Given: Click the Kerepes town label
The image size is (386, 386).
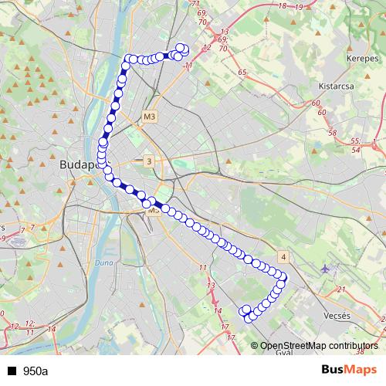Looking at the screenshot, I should pos(340,59).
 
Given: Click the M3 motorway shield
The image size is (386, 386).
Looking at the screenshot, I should pos(150,116).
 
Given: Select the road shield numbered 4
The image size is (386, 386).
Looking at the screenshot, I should pos(283,257).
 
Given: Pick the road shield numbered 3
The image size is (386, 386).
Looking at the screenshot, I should pos(148,161).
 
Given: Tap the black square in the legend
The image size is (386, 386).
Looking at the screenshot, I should pos(12,371).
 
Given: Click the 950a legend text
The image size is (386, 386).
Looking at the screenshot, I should pos(35,371).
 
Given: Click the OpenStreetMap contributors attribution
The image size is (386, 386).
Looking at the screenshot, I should pos(320,345).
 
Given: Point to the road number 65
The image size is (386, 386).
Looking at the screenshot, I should pos(242,72).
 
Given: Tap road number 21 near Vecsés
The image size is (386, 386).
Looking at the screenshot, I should pos(340,290).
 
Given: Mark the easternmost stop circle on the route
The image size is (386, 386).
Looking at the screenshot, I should pos(283,276).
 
